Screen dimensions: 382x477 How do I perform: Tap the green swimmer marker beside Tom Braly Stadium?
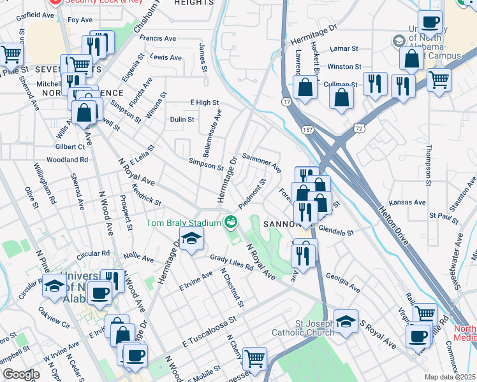(231, 222)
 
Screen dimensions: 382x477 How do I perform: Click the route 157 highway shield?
(307, 130)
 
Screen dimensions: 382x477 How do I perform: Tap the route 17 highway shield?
(287, 101)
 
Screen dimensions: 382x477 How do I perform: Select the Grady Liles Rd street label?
(232, 263)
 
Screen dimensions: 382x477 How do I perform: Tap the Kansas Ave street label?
(409, 202)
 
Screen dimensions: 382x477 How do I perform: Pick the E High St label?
(204, 103)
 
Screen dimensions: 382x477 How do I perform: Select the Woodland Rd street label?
(67, 160)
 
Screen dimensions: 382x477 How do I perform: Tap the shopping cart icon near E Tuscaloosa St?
(255, 358)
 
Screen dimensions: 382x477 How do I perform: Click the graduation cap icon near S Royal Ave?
(346, 321)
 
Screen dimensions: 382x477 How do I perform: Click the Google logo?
(20, 374)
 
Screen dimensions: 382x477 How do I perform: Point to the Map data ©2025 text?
(450, 377)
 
